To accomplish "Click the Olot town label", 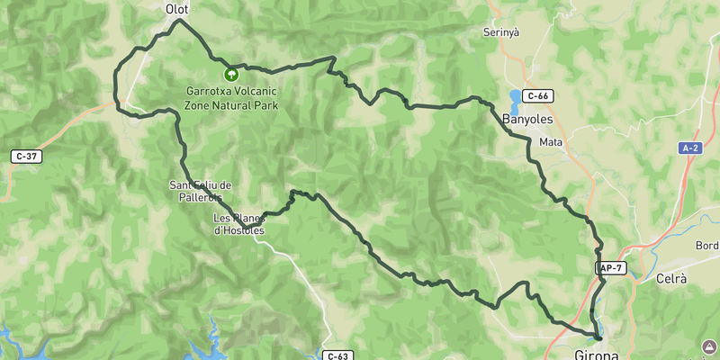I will [x=176, y=9].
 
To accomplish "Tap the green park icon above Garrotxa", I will [x=230, y=73].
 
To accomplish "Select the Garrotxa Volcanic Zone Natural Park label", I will [x=230, y=98].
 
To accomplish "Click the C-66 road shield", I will [x=538, y=95].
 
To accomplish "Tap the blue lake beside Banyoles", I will [x=515, y=97].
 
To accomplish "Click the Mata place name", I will [x=550, y=142].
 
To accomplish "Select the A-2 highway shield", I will [x=690, y=148].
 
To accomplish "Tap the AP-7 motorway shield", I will [x=609, y=268].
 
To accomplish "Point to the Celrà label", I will [x=671, y=280].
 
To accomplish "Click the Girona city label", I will [x=596, y=354].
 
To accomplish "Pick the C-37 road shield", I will [x=27, y=156].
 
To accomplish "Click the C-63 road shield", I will [x=337, y=355].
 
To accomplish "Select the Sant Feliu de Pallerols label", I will [x=201, y=191].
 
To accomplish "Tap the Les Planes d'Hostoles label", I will [x=238, y=224].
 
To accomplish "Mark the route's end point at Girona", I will [x=598, y=337].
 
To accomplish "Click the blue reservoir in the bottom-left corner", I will [x=13, y=346].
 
